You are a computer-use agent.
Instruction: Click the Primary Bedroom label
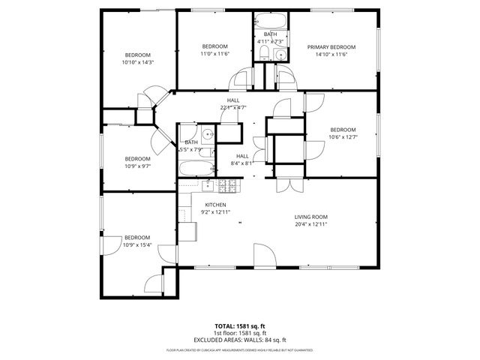coord(331,46)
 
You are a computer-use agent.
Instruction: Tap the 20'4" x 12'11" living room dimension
coord(311,224)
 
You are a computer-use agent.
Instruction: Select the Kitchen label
coord(215,205)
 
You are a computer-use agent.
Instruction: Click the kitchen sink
coord(208,184)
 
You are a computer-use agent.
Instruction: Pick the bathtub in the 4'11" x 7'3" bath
coord(269,20)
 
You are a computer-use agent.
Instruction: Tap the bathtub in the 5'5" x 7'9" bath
coord(197,169)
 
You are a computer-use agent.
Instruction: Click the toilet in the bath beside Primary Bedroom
coord(279,54)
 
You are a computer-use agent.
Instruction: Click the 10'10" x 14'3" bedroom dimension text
coord(138,62)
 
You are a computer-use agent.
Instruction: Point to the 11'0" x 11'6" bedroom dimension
coord(213,54)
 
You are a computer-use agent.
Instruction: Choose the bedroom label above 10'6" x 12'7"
coord(342,128)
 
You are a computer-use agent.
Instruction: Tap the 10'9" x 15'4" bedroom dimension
coord(137,244)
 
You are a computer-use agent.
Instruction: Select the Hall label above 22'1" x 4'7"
coord(233,100)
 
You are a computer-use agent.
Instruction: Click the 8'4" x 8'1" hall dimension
coord(243,163)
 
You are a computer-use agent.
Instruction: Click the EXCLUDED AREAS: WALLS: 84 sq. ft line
coord(240,340)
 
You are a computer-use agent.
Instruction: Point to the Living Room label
coord(311,217)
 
